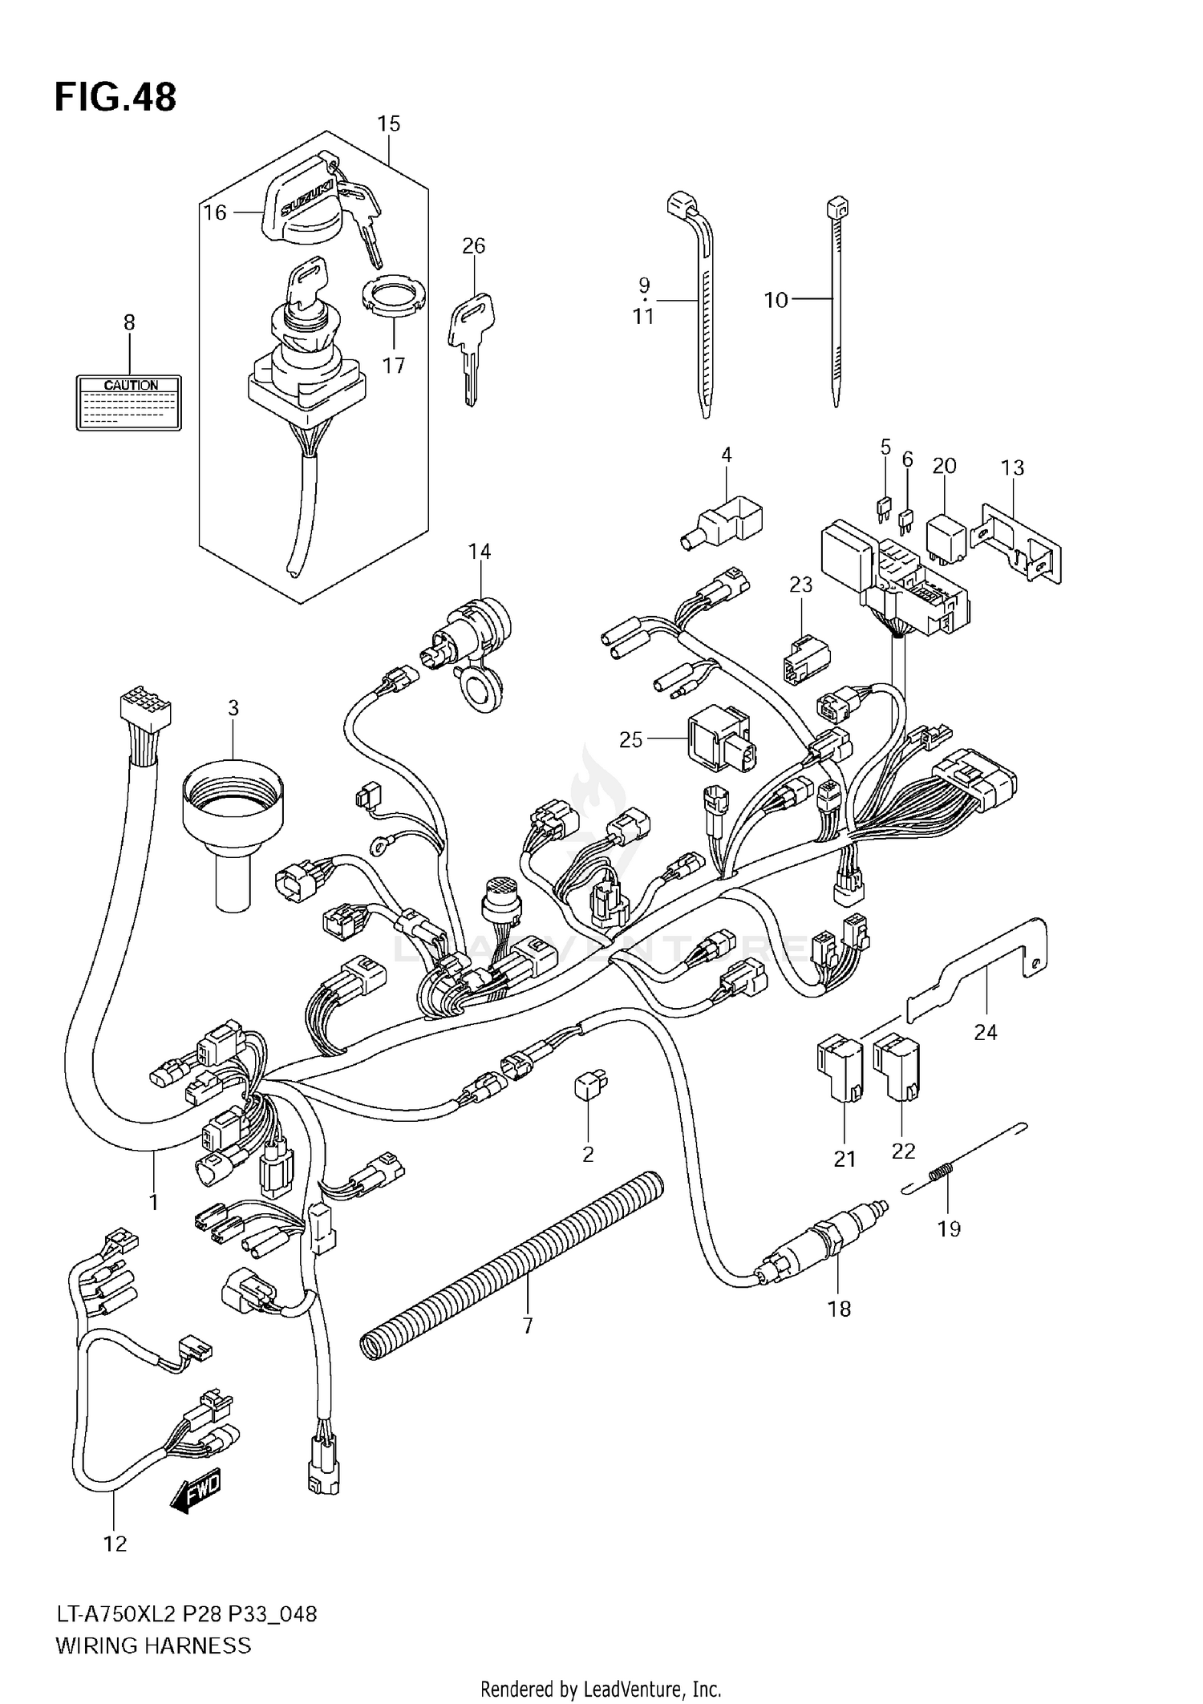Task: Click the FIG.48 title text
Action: point(115,98)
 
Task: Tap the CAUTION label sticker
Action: point(129,403)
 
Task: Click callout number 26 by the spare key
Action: point(474,245)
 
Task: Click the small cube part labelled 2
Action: point(589,1085)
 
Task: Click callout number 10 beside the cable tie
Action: point(776,301)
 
